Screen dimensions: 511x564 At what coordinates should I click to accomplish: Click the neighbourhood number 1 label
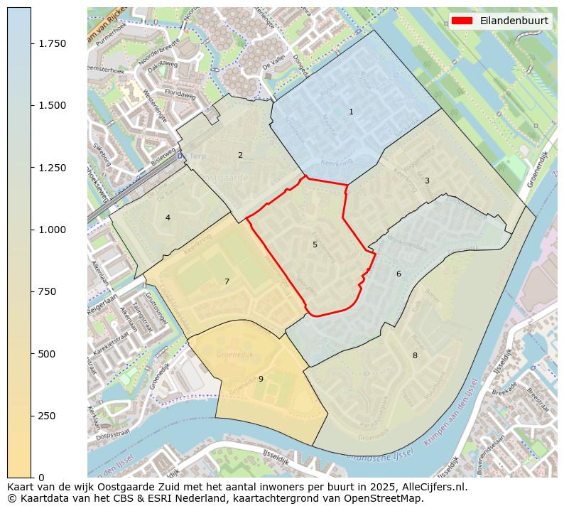[x=351, y=112]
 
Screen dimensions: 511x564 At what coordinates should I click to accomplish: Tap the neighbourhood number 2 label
[x=240, y=155]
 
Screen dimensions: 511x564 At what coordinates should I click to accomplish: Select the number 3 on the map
[x=427, y=181]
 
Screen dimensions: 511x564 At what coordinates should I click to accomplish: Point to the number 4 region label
[x=168, y=217]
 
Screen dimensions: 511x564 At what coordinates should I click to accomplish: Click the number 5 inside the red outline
[x=315, y=244]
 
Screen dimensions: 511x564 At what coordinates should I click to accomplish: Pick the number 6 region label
[x=398, y=274]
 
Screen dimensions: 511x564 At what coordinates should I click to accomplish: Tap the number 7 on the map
[x=227, y=281]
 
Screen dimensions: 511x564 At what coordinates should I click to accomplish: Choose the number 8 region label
[x=415, y=355]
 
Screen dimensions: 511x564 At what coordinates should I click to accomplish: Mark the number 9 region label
[x=261, y=379]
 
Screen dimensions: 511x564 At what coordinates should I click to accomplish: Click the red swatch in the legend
[x=462, y=21]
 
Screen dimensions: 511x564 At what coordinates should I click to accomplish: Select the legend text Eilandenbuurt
[x=514, y=21]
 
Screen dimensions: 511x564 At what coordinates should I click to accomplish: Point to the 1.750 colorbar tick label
[x=51, y=44]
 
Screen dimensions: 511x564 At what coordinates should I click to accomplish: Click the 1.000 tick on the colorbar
[x=51, y=230]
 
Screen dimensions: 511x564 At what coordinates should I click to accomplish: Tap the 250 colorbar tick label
[x=48, y=416]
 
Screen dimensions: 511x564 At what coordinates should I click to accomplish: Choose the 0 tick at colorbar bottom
[x=41, y=478]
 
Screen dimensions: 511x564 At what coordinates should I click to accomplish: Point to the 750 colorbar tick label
[x=48, y=291]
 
